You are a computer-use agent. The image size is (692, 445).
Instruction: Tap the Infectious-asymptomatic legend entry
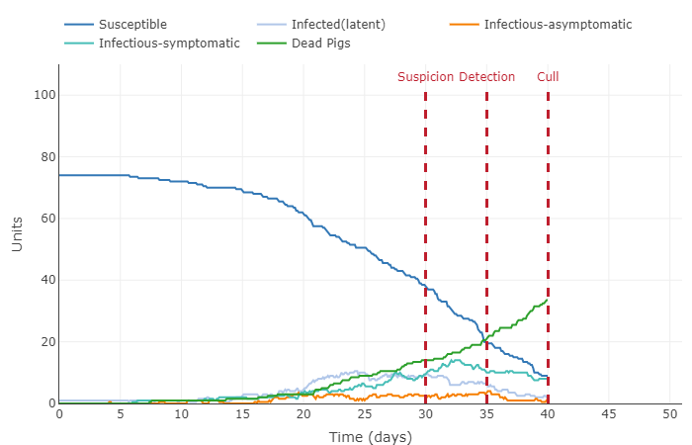click(558, 24)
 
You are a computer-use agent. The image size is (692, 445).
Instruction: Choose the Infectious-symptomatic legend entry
click(169, 44)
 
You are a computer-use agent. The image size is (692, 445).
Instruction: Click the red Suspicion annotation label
click(426, 77)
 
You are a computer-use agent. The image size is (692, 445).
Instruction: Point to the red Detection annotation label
click(486, 77)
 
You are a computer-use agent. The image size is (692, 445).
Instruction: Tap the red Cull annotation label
click(548, 77)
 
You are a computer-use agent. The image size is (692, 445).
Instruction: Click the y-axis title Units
click(18, 233)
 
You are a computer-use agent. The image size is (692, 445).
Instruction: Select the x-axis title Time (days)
click(370, 437)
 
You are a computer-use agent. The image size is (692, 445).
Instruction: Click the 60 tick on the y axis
click(43, 219)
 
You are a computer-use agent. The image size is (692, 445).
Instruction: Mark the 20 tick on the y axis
click(43, 342)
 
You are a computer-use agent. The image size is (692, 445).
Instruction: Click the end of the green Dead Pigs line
click(548, 300)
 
